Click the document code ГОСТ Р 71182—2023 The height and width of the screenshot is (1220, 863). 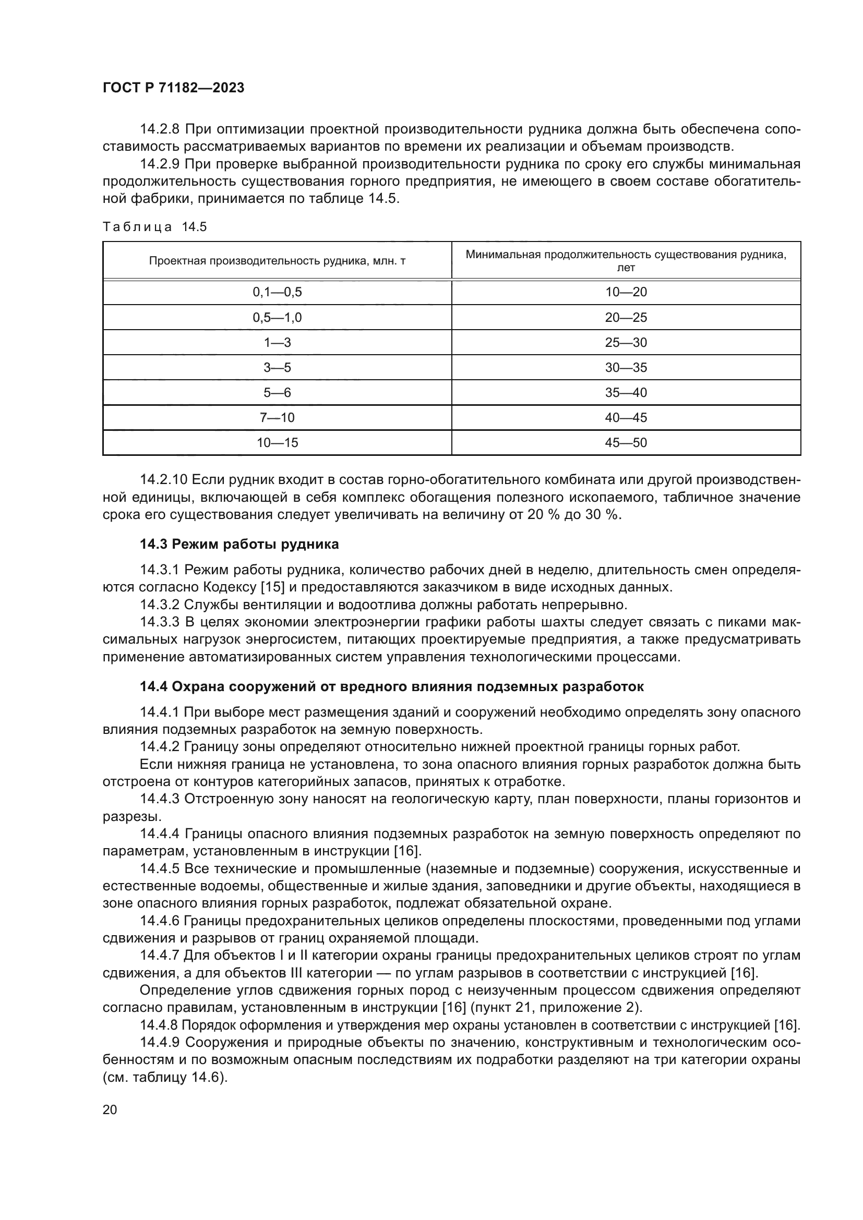tap(173, 88)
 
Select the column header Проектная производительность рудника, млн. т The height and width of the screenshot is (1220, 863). tap(277, 261)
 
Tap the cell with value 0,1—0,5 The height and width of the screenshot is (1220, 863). tap(277, 292)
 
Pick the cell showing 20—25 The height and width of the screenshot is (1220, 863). tap(626, 318)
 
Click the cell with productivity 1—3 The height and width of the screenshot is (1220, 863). tap(277, 343)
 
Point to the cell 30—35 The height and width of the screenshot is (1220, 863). tap(626, 368)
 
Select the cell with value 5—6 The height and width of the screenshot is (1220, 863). tap(277, 393)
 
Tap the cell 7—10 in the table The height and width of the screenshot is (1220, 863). tap(277, 418)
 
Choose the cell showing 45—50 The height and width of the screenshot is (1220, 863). tap(626, 443)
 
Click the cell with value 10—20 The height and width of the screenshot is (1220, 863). tap(626, 292)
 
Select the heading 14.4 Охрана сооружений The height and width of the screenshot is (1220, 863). tap(391, 686)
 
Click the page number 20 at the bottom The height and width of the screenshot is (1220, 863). tap(110, 1109)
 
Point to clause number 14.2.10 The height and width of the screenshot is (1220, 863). tap(163, 480)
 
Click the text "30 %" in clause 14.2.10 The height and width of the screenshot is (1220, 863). tap(604, 515)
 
